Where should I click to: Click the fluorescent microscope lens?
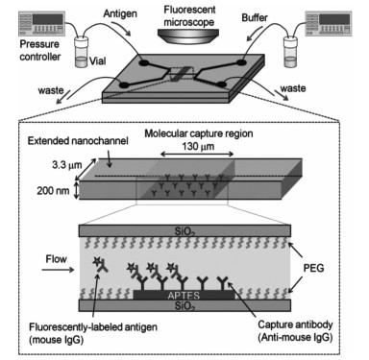pos(188,36)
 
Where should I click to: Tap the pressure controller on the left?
pos(41,23)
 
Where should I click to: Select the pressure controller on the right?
pos(329,23)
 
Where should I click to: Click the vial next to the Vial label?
pos(81,52)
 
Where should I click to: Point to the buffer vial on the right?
pos(291,52)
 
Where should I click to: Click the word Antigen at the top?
pos(120,13)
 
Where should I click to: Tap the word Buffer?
pos(255,17)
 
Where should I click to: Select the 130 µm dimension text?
pos(198,147)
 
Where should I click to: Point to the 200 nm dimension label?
pos(53,191)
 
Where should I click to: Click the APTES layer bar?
pos(184,295)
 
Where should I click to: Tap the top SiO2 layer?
pos(184,230)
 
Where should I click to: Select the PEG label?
pos(313,268)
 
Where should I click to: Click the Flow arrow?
pos(58,270)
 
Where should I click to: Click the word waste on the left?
pos(51,90)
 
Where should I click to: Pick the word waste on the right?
pos(293,88)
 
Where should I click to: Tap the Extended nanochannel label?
pos(78,141)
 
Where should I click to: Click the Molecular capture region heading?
pos(199,133)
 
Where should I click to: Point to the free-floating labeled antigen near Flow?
pos(100,265)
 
